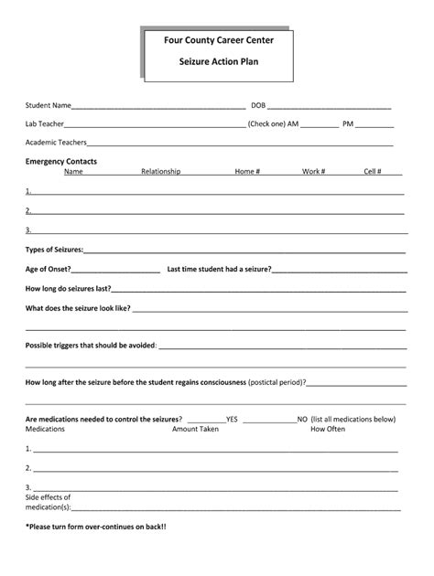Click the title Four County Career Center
pyautogui.click(x=218, y=40)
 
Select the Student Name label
pyautogui.click(x=49, y=105)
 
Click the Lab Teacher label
pyautogui.click(x=45, y=123)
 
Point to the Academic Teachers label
pyautogui.click(x=56, y=143)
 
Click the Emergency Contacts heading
pyautogui.click(x=61, y=162)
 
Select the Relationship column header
pyautogui.click(x=160, y=172)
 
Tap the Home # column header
pyautogui.click(x=247, y=172)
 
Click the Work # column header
pyautogui.click(x=313, y=172)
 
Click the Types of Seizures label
pyautogui.click(x=54, y=250)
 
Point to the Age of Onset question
pyautogui.click(x=49, y=269)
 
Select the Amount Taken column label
pyautogui.click(x=195, y=429)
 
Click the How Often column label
pyautogui.click(x=328, y=429)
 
